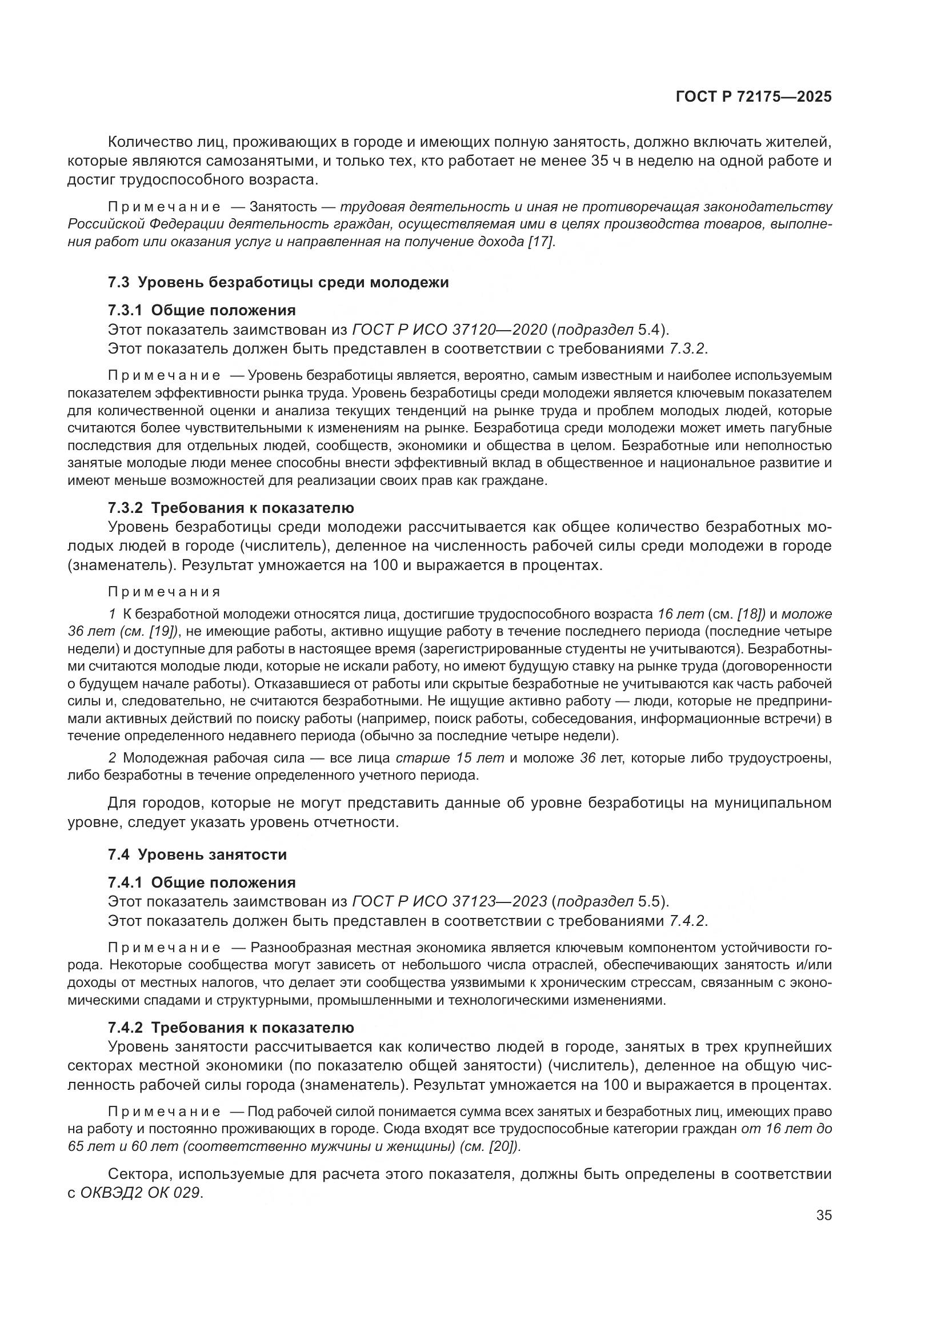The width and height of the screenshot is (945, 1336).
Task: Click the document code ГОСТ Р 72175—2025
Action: [x=754, y=97]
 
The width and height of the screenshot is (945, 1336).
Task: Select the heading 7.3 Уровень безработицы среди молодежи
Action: [x=278, y=282]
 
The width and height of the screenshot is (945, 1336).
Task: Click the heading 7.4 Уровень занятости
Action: [x=197, y=855]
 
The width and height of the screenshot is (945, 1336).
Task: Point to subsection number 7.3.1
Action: [x=125, y=310]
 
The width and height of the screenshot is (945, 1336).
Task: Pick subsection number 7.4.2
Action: [x=125, y=1028]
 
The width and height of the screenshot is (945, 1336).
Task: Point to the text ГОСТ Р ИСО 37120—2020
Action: [x=449, y=330]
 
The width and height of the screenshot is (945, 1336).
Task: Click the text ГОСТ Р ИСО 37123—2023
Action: [x=449, y=902]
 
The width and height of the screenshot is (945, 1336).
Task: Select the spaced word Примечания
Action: [x=165, y=592]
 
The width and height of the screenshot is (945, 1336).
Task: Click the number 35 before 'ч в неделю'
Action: [x=600, y=161]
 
